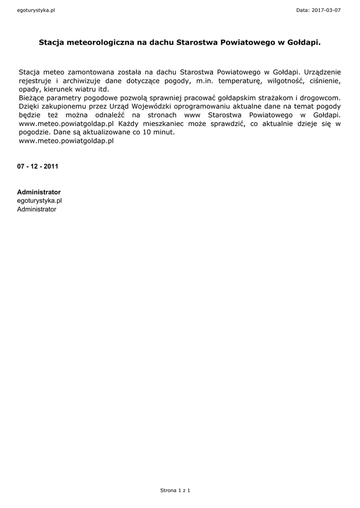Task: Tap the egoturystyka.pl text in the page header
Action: [36, 10]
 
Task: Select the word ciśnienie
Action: [324, 80]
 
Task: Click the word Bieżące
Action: [32, 98]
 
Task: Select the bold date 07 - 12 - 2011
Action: [38, 166]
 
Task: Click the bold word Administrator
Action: [39, 192]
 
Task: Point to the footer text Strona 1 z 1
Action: [175, 490]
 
